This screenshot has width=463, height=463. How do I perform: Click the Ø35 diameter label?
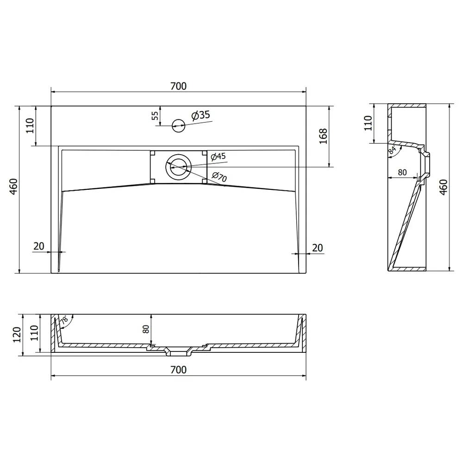coord(200,115)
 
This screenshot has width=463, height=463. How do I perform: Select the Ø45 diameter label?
coord(218,156)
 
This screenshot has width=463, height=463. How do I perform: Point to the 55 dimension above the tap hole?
coord(155,115)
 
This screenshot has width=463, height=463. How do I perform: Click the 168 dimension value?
coord(323,136)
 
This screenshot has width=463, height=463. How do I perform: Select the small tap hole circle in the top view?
coord(178,126)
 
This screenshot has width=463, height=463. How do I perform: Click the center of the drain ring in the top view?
coord(178,167)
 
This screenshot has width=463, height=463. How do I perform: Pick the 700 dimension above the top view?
coord(178,86)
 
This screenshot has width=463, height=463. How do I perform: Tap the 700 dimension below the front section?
coord(178,369)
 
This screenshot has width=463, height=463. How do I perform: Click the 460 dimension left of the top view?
coord(13,187)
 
